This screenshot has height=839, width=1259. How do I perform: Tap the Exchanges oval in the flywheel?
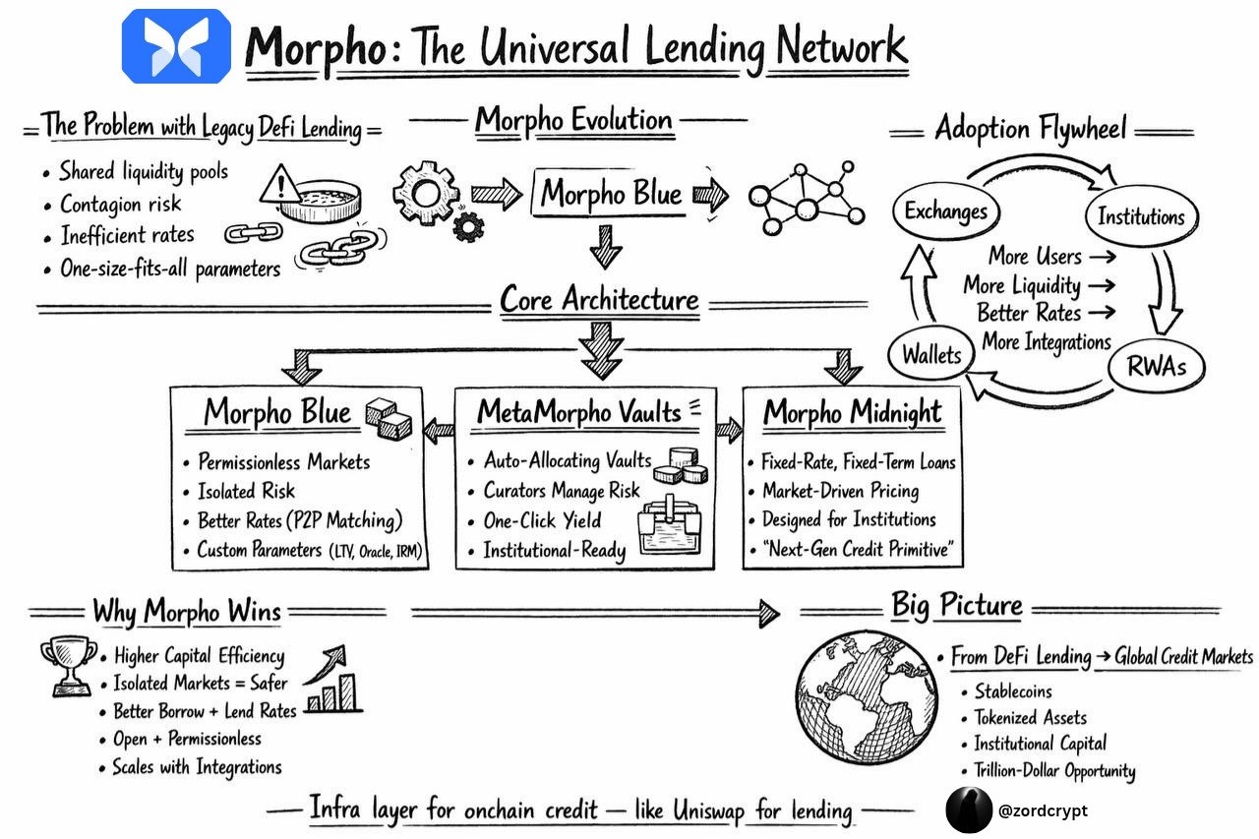click(946, 210)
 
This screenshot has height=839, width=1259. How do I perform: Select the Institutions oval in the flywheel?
click(1140, 216)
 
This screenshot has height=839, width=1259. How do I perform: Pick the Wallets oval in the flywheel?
click(931, 354)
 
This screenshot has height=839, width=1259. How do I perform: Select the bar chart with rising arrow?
click(332, 681)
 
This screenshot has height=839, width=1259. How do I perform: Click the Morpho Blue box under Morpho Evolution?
click(611, 194)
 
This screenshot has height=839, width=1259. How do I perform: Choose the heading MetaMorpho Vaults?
click(578, 412)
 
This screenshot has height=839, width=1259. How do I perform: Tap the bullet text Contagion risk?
click(120, 205)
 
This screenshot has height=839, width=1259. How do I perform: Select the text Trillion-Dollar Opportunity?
click(1053, 771)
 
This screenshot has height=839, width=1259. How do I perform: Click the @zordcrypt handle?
click(1043, 810)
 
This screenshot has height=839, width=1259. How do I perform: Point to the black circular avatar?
click(969, 810)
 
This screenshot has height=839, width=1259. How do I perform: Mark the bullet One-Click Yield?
click(541, 520)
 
